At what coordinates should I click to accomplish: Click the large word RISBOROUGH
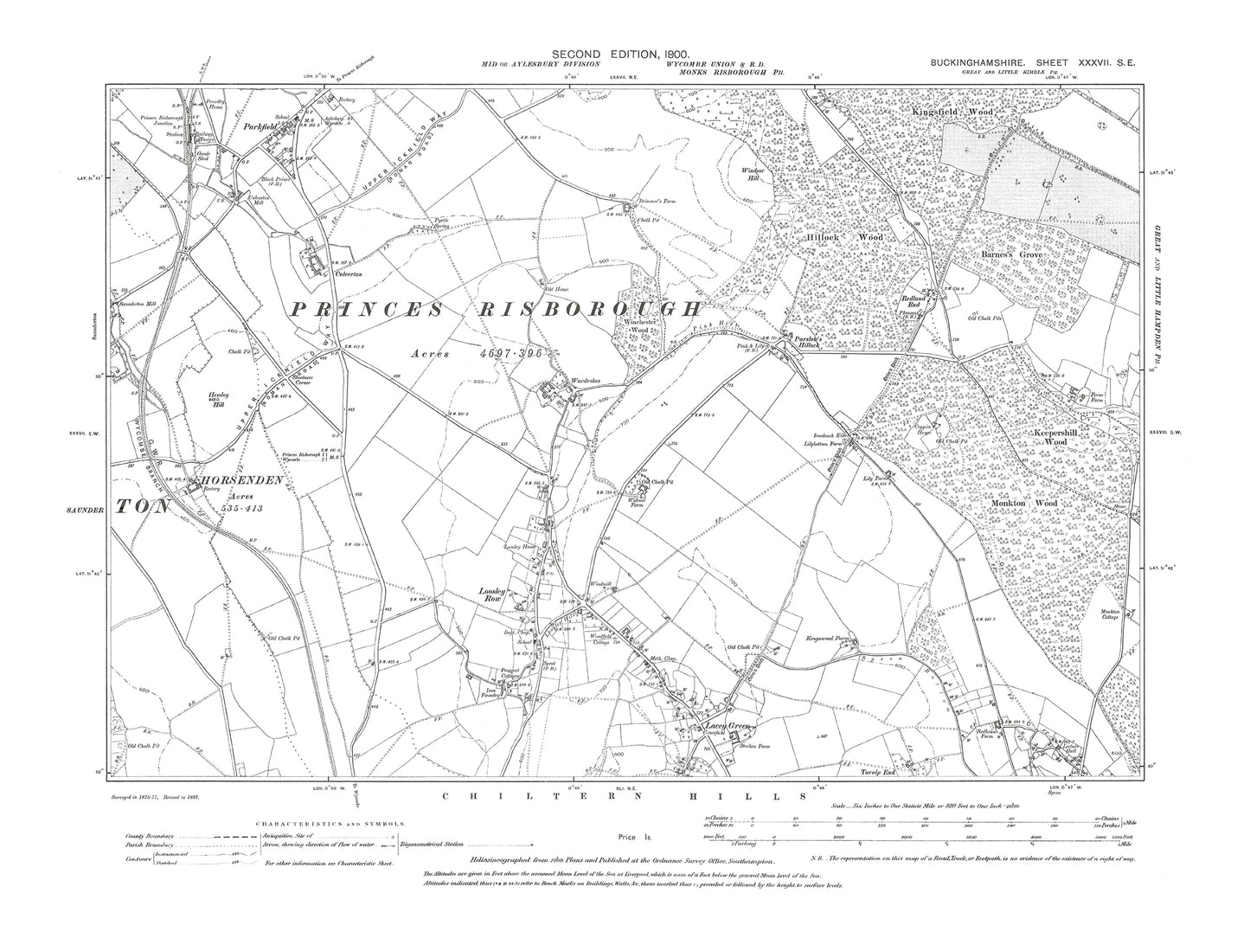point(606,310)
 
